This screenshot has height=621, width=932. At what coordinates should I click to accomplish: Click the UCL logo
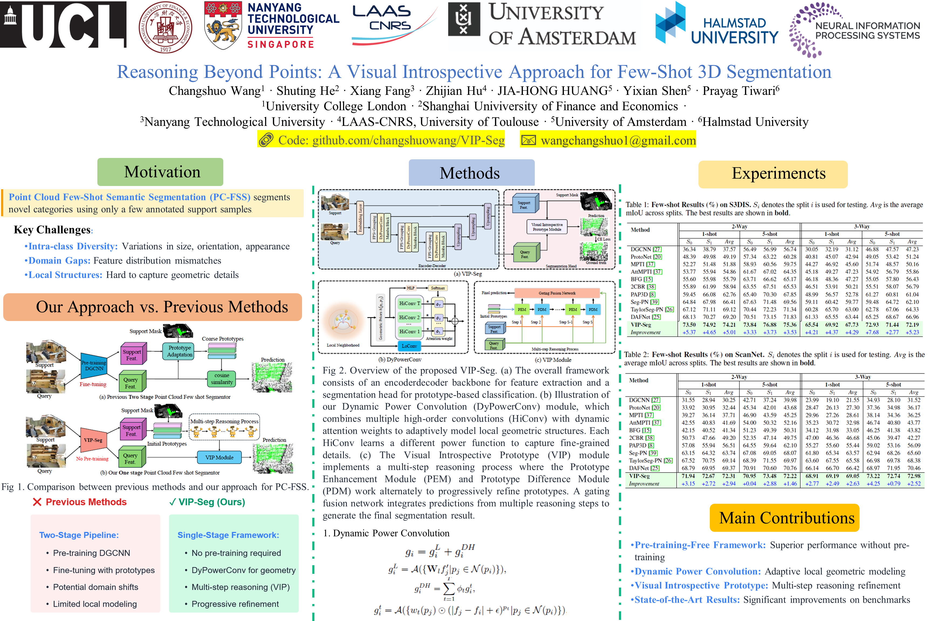pyautogui.click(x=63, y=25)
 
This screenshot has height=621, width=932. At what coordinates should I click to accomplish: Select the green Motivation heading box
pyautogui.click(x=160, y=172)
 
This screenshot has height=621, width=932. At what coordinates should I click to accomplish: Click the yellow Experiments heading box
pyautogui.click(x=772, y=174)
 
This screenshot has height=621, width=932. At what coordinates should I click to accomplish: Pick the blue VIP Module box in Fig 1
pyautogui.click(x=219, y=457)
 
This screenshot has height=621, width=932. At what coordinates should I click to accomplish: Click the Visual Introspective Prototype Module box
pyautogui.click(x=547, y=227)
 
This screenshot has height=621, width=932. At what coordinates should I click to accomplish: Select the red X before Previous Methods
pyautogui.click(x=37, y=502)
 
